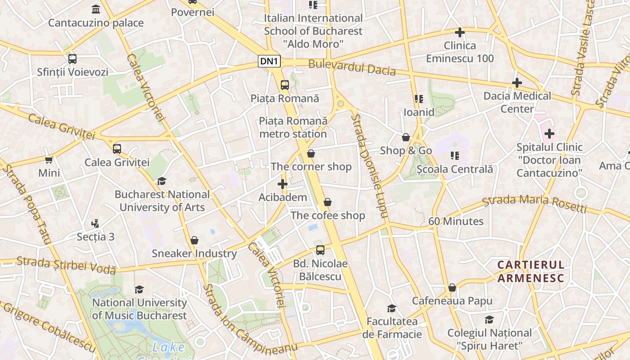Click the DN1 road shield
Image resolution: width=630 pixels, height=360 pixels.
click(x=270, y=61)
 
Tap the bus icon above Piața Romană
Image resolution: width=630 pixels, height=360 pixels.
click(x=284, y=85)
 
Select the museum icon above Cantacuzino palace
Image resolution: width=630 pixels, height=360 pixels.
click(x=96, y=9)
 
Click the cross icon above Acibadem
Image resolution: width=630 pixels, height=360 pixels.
click(x=283, y=184)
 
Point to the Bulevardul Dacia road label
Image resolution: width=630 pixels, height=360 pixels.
click(x=352, y=67)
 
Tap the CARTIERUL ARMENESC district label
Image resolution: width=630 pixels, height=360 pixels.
click(x=531, y=271)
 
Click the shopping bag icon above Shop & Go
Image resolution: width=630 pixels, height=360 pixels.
click(x=406, y=137)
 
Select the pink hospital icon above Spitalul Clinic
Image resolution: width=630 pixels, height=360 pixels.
click(x=549, y=134)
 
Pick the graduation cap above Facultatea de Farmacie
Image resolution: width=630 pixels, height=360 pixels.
click(x=392, y=308)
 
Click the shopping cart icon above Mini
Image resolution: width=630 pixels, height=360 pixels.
click(x=49, y=160)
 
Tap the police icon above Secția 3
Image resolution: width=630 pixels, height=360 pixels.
click(x=95, y=223)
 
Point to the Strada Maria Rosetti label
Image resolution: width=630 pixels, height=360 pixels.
click(x=534, y=203)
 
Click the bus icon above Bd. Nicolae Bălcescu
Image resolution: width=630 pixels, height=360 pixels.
click(x=320, y=250)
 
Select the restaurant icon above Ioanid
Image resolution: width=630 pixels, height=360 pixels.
click(x=419, y=99)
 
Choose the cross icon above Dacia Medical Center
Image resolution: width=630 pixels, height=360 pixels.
click(x=517, y=83)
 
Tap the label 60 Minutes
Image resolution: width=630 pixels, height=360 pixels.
click(x=456, y=221)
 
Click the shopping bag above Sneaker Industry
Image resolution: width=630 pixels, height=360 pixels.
click(x=194, y=240)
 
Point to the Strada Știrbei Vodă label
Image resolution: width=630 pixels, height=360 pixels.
click(x=66, y=265)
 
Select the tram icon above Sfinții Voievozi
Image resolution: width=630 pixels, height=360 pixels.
click(x=72, y=58)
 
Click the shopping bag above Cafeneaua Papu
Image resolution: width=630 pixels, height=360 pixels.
click(x=452, y=288)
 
